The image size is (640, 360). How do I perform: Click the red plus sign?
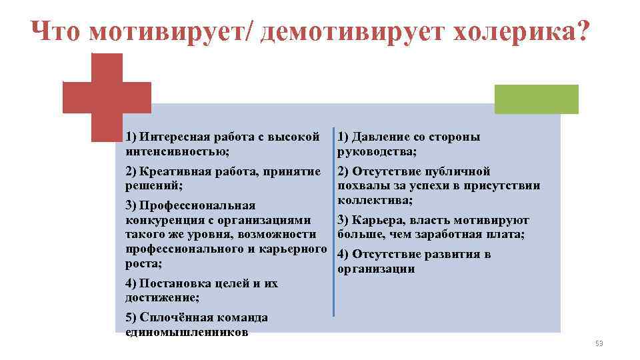107,97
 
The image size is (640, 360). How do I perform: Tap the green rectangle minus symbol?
536,99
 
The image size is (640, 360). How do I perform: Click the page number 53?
598,343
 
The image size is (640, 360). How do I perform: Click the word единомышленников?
187,332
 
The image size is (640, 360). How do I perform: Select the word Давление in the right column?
381,137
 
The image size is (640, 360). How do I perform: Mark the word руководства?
375,152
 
